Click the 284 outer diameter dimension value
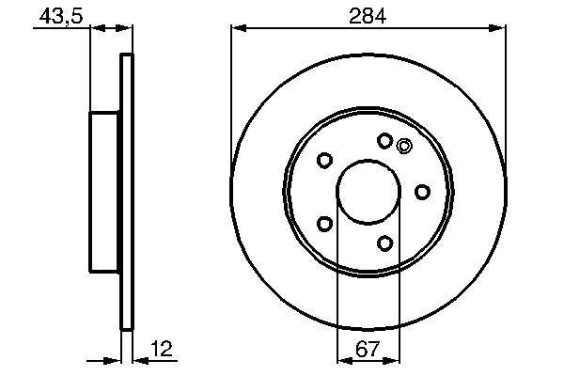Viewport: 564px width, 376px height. (x=368, y=15)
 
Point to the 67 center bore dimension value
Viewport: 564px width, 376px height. (x=368, y=350)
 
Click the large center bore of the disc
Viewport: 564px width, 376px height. (x=368, y=191)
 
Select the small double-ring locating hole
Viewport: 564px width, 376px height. (x=405, y=145)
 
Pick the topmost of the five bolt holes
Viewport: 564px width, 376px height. (x=384, y=141)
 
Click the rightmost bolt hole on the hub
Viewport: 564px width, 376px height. (x=422, y=192)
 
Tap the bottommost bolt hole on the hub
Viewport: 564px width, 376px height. (x=384, y=243)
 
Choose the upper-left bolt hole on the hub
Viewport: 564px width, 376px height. (x=324, y=161)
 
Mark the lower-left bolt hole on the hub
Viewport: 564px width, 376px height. (x=324, y=224)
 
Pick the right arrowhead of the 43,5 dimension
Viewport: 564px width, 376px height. (x=127, y=30)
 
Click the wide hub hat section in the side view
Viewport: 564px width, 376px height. (x=105, y=191)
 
